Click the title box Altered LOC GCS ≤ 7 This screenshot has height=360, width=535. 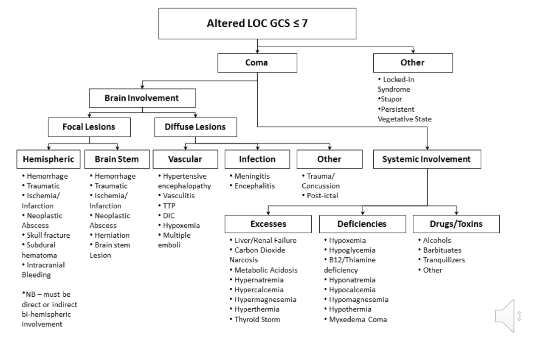pos(258,24)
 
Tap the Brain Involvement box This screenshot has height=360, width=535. pos(142,98)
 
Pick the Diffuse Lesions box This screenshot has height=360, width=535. pos(195,127)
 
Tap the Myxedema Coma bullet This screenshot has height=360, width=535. pos(358,319)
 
